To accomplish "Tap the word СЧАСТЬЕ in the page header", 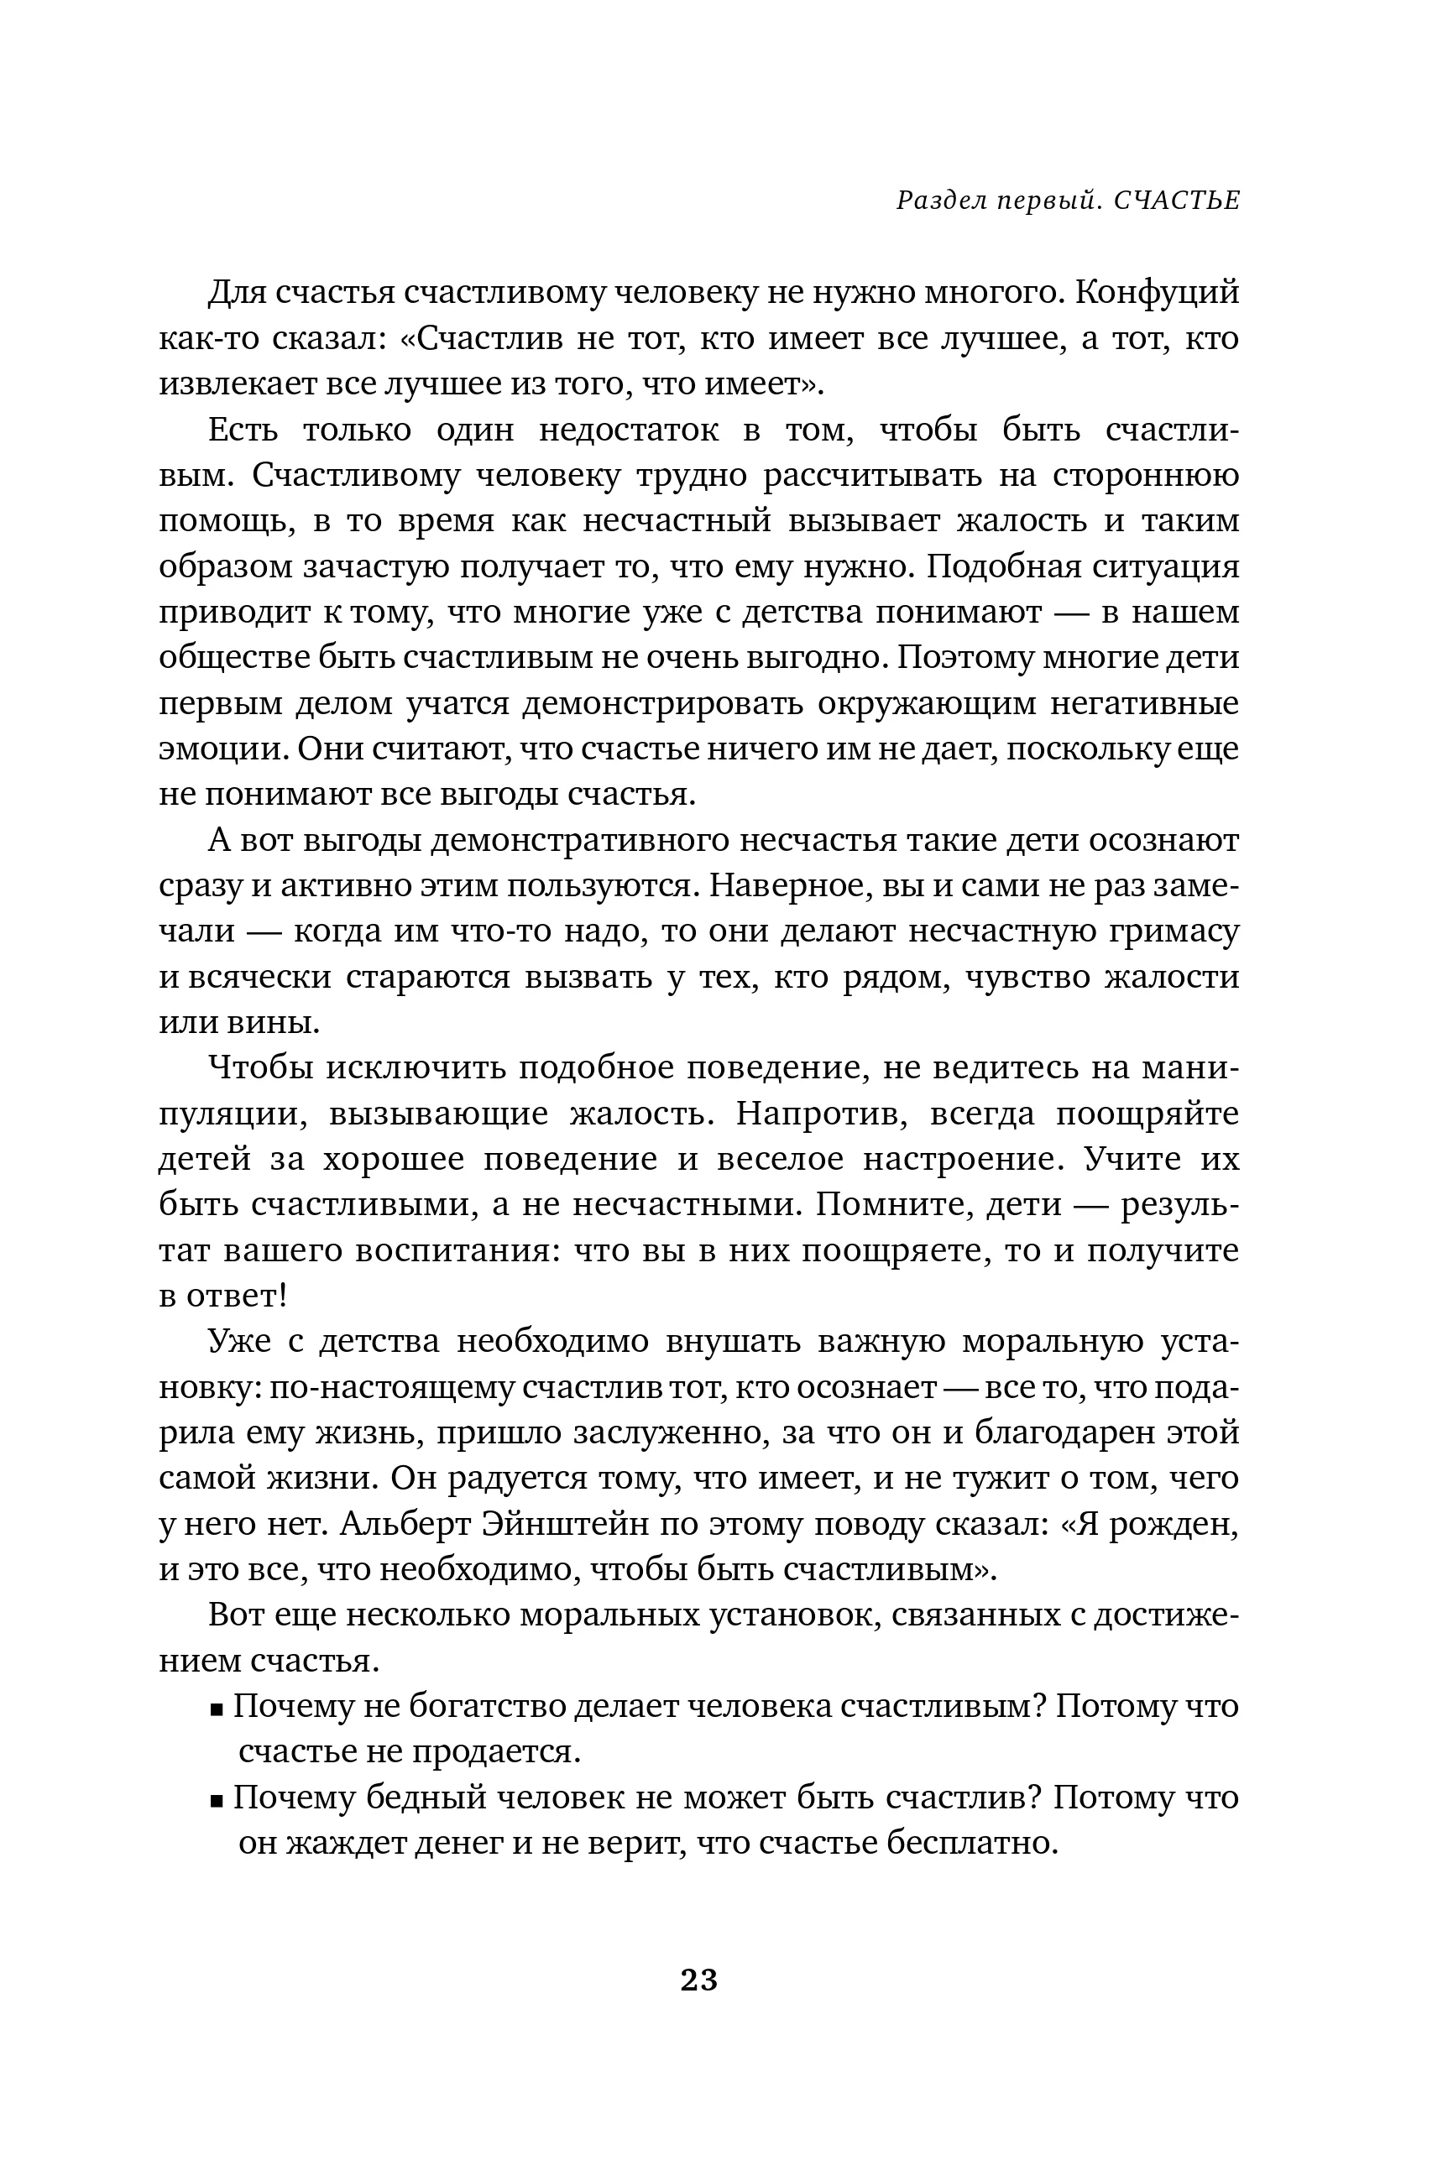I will coord(1177,201).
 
